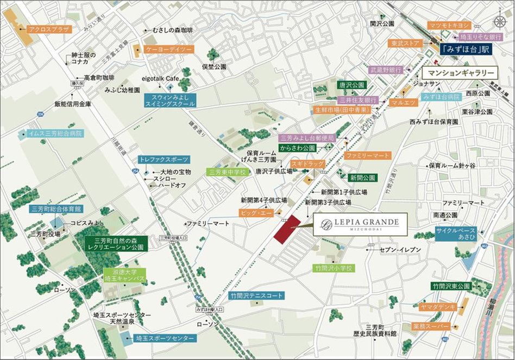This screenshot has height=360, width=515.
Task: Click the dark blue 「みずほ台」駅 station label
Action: pos(466,49)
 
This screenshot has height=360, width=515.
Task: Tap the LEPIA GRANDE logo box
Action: pos(360,224)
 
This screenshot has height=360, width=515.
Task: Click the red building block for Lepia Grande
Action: pos(287,230)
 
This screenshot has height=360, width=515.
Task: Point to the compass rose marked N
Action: pos(499,21)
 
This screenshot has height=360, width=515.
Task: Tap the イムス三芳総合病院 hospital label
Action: pos(51,133)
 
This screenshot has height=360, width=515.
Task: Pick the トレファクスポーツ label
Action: pos(164,160)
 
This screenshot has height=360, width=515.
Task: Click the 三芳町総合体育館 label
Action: pos(56,209)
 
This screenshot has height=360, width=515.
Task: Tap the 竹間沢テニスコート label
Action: pos(256,296)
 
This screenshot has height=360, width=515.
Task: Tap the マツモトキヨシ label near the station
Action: pos(448,26)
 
